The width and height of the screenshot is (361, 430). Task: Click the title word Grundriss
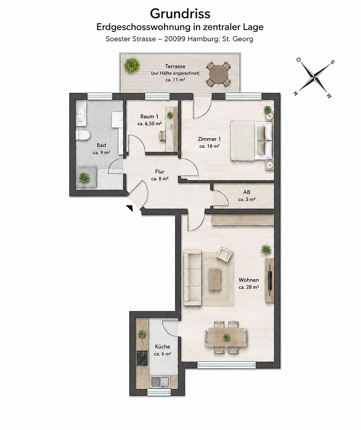click(x=180, y=14)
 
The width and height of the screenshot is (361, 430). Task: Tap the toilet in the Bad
click(x=82, y=135)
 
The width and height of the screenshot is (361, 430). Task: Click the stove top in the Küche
click(x=142, y=358)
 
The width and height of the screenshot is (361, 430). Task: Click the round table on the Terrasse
click(x=218, y=74)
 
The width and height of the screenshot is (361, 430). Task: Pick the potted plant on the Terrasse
click(x=132, y=66)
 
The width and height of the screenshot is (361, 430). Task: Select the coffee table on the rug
click(x=215, y=279)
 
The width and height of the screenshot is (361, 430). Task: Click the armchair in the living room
click(x=224, y=254)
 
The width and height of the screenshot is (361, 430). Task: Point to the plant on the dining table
click(x=226, y=337)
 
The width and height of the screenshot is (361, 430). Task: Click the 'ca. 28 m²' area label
click(x=249, y=287)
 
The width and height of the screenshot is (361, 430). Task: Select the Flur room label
click(x=160, y=172)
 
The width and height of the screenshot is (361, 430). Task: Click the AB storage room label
click(x=247, y=192)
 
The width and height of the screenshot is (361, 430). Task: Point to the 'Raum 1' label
click(x=149, y=117)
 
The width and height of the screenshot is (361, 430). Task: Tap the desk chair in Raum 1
click(x=163, y=135)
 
